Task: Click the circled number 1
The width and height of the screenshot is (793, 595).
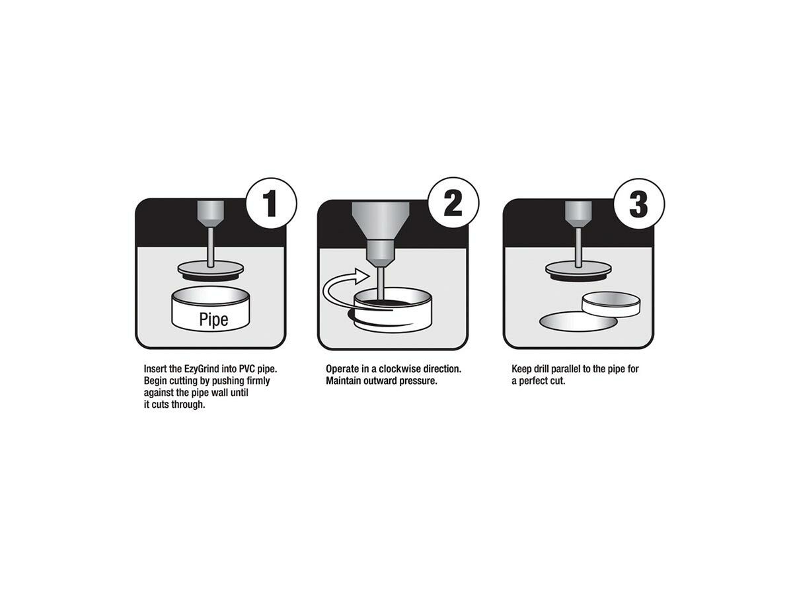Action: [x=271, y=204]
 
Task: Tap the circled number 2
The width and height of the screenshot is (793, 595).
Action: [x=453, y=203]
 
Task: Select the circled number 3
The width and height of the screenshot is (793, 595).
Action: [x=639, y=204]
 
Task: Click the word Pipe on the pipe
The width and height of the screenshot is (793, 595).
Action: [x=213, y=320]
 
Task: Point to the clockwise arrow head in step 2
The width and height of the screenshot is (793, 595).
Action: [x=362, y=276]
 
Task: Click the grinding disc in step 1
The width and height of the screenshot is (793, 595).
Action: [x=210, y=270]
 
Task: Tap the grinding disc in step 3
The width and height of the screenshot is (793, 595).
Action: [x=578, y=270]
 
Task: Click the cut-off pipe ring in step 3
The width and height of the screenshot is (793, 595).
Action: [x=611, y=303]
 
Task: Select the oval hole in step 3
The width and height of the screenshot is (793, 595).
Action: [x=578, y=321]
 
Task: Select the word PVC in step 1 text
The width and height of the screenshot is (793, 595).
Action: [x=247, y=369]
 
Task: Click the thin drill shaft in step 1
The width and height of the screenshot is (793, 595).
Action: [x=210, y=247]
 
